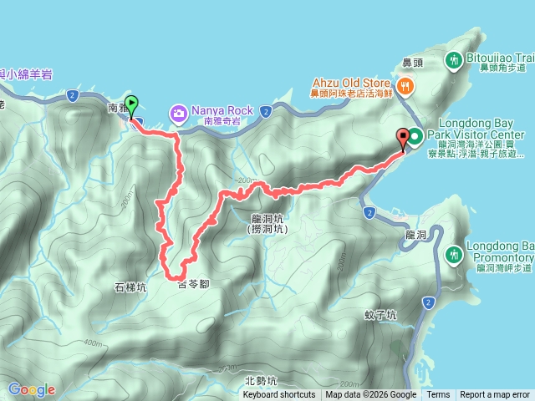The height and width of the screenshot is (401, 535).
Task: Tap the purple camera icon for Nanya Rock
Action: (x=178, y=111)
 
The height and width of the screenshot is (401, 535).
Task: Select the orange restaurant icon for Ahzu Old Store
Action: (x=405, y=84)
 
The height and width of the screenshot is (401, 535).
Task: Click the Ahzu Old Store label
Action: (x=352, y=83)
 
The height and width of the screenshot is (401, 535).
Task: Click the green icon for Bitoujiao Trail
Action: (x=455, y=60)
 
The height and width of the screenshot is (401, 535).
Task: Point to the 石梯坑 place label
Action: (x=130, y=287)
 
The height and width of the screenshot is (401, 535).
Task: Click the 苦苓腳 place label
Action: (x=193, y=285)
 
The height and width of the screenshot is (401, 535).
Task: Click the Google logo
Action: (x=32, y=389)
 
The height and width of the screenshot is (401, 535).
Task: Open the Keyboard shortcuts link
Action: (x=278, y=395)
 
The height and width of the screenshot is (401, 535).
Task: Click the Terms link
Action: (x=438, y=395)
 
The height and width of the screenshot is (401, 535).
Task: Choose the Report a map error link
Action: (x=495, y=395)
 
